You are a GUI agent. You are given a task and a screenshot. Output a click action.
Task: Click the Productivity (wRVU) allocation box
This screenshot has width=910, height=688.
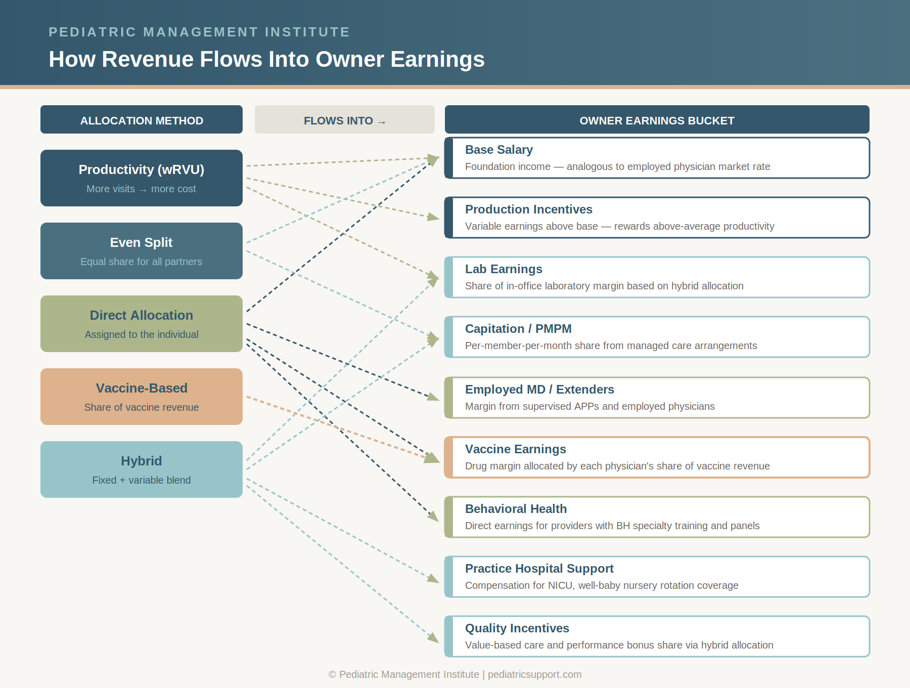[x=142, y=178]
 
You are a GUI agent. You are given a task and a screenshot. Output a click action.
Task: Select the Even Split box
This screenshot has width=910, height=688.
[x=142, y=250]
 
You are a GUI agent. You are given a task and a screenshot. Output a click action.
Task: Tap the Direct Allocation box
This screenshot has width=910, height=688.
[x=142, y=323]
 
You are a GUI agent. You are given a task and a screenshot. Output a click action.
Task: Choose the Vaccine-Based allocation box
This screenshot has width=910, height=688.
[x=142, y=396]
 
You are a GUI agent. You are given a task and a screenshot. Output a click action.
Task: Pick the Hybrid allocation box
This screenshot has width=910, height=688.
[x=142, y=469]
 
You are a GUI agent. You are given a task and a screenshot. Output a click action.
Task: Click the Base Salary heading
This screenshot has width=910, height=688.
[x=498, y=150]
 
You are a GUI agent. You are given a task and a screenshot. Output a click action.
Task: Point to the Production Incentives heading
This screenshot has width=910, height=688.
[x=528, y=209]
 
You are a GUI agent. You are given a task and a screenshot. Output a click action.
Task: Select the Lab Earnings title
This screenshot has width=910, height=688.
[x=504, y=269]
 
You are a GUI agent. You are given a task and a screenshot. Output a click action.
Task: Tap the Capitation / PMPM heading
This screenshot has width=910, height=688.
[x=518, y=329]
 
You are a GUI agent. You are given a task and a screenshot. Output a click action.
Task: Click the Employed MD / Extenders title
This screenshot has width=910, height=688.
[x=539, y=390]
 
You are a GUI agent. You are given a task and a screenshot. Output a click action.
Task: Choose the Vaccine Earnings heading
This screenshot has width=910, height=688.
[x=515, y=449]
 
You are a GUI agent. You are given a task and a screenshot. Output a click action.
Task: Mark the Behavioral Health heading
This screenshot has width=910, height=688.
[x=516, y=509]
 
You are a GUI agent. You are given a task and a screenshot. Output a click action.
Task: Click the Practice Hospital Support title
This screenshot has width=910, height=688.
[x=539, y=569]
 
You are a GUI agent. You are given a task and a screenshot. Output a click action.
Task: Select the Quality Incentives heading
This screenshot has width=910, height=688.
[x=517, y=628]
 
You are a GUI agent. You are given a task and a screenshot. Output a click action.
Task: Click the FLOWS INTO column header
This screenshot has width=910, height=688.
[x=344, y=120]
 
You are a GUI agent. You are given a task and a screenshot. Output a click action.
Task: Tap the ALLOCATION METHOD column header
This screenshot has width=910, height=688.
[x=142, y=120]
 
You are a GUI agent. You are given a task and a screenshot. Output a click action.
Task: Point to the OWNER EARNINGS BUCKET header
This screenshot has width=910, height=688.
[x=657, y=120]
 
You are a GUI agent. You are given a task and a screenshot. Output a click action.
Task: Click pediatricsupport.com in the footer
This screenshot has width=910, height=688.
[x=534, y=674]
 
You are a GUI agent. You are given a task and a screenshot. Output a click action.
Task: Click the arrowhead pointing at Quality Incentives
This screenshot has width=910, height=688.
[x=434, y=638]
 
